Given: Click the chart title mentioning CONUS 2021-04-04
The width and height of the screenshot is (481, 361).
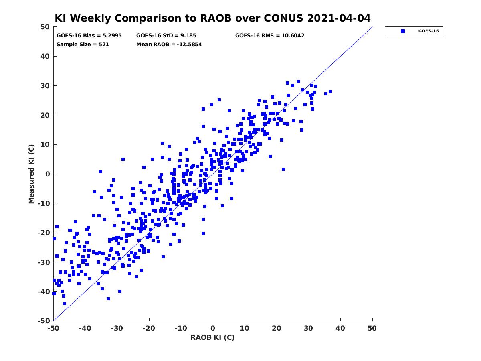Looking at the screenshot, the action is (212, 18).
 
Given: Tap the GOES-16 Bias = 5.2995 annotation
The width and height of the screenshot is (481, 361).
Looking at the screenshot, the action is (89, 36).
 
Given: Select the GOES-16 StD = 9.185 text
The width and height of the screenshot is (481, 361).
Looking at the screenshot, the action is (166, 36).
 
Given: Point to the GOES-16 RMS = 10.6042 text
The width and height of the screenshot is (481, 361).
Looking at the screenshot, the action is (270, 36).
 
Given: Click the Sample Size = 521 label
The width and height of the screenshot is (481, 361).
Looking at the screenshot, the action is (83, 45).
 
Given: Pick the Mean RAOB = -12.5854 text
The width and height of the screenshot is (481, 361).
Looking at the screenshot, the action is (169, 45).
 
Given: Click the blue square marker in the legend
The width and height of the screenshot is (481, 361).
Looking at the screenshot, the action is (402, 31).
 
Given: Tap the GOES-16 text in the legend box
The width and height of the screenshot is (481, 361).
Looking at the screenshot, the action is (428, 31).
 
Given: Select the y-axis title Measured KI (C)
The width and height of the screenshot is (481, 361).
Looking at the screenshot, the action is (31, 174).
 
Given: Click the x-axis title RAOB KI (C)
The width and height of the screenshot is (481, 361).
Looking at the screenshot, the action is (212, 337).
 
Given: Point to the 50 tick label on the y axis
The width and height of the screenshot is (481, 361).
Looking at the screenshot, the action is (45, 27).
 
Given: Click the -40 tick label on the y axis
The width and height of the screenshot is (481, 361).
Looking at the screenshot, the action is (44, 292).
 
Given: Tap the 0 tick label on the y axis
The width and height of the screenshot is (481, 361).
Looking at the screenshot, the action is (48, 174).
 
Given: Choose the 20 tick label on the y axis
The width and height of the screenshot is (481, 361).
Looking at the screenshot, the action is (45, 115).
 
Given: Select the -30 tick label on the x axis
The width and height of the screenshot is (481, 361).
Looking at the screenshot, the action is (117, 328).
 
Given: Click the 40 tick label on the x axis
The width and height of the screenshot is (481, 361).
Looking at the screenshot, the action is (340, 328).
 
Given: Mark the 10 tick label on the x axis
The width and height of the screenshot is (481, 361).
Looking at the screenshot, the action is (245, 328).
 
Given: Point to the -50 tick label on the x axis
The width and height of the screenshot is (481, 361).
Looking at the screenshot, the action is (53, 328).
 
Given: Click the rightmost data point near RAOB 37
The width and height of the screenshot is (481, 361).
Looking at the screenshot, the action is (330, 91).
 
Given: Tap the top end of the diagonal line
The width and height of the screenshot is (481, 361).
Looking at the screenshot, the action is (372, 27).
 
